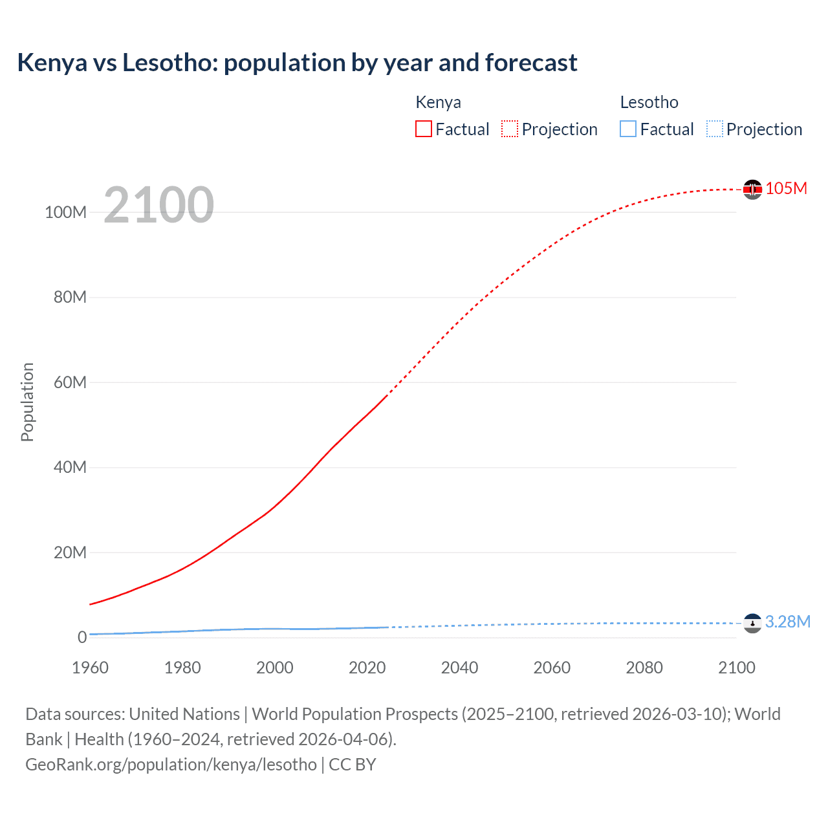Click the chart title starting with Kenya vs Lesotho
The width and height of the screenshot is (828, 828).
[x=297, y=63]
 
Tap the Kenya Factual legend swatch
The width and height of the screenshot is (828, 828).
[x=423, y=129]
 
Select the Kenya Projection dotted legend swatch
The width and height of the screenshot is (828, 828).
[x=510, y=129]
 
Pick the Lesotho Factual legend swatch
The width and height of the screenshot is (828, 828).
[x=628, y=129]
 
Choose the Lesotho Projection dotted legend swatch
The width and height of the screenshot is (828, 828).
[x=715, y=129]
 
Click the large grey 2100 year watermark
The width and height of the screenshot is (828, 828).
[x=158, y=205]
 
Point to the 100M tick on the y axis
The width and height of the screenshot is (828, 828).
[x=65, y=212]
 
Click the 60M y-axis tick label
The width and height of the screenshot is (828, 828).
[x=70, y=382]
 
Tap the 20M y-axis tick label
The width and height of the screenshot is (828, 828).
[x=70, y=552]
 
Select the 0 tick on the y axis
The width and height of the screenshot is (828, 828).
[x=82, y=637]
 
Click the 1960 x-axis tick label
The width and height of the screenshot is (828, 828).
[x=90, y=668]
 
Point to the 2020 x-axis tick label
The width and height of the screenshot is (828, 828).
[x=367, y=668]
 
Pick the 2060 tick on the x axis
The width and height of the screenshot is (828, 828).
[x=552, y=668]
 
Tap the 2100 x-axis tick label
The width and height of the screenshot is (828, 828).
[x=736, y=668]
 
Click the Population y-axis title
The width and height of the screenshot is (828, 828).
[x=27, y=402]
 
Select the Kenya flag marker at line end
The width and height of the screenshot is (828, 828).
[x=752, y=189]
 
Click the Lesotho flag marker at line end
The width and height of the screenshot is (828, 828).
[x=752, y=623]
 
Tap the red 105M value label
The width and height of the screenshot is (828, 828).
[x=786, y=188]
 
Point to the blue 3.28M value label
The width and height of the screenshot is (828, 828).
[x=787, y=622]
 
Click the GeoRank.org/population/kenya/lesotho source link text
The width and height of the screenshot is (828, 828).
[x=171, y=764]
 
